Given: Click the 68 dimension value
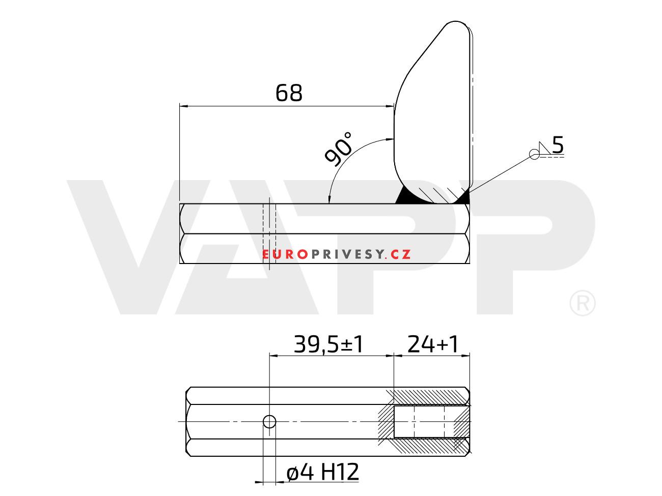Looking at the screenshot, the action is point(289,93).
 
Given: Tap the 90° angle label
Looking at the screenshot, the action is point(338,149).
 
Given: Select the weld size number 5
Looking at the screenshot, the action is point(557,144).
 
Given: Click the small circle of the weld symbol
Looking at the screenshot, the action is point(534,154).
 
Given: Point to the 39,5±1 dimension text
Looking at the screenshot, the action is point(328,344).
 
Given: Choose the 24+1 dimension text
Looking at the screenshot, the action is point(432,344).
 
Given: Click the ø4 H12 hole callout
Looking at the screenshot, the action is point(322,472).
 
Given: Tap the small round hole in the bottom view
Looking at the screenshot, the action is point(269,422).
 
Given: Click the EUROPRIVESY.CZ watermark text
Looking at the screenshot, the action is point(336,254).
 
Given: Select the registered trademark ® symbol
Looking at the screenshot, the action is point(583,303).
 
